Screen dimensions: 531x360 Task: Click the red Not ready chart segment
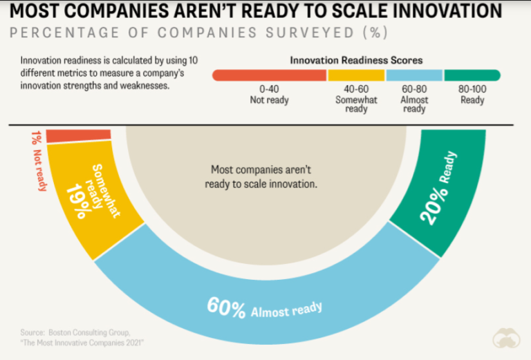pyautogui.click(x=79, y=135)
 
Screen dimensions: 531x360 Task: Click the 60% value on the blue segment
pyautogui.click(x=226, y=307)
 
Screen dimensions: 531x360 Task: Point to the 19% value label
pyautogui.click(x=79, y=201)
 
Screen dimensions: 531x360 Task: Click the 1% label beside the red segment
pyautogui.click(x=36, y=138)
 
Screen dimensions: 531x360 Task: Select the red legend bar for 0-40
pyautogui.click(x=269, y=75)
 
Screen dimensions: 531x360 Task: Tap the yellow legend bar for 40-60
pyautogui.click(x=356, y=75)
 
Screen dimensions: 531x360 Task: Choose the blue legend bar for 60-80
pyautogui.click(x=414, y=75)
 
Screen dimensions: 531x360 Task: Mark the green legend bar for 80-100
pyautogui.click(x=472, y=75)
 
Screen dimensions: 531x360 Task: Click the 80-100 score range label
pyautogui.click(x=472, y=89)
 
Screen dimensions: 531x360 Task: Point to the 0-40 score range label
pyautogui.click(x=269, y=89)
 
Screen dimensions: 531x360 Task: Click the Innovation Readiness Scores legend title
pyautogui.click(x=356, y=60)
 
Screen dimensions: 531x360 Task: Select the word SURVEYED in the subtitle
pyautogui.click(x=310, y=32)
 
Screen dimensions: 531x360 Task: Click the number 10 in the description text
pyautogui.click(x=193, y=61)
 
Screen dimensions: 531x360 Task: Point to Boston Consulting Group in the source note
pyautogui.click(x=89, y=332)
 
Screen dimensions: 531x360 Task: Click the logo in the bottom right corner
pyautogui.click(x=506, y=338)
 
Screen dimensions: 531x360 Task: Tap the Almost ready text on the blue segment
pyautogui.click(x=286, y=310)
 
